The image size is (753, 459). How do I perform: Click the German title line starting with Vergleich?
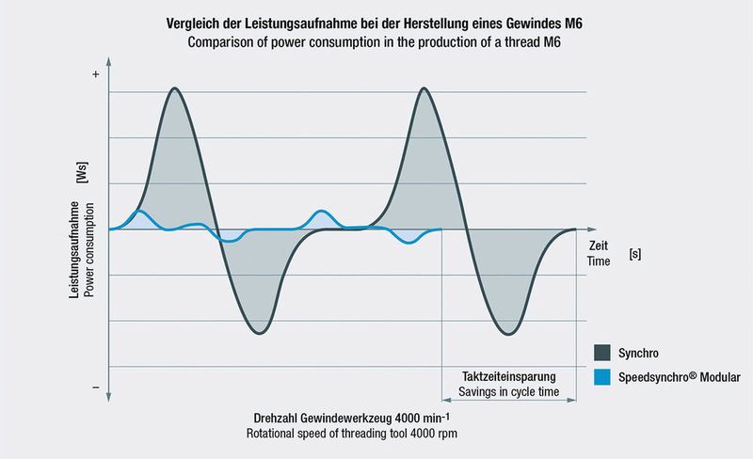click(376, 21)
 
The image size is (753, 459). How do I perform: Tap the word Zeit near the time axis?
click(599, 245)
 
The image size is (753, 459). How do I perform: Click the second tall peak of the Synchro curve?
click(425, 88)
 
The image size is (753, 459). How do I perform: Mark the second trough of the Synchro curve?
click(508, 334)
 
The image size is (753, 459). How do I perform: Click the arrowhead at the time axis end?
click(591, 229)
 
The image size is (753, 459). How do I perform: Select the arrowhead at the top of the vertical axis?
click(110, 60)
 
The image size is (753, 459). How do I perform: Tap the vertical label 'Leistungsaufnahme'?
click(73, 251)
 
